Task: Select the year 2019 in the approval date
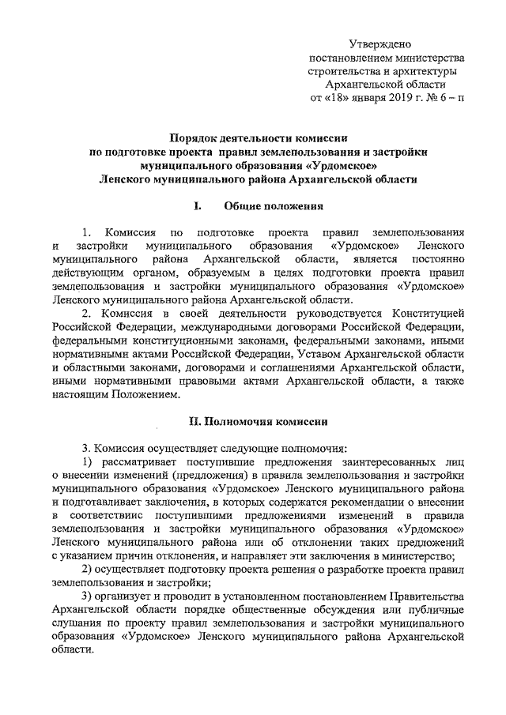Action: pyautogui.click(x=407, y=99)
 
